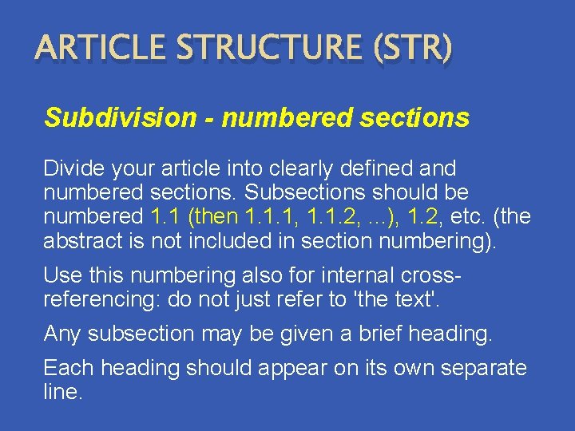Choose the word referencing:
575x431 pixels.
97,300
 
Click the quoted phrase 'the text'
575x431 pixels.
387,300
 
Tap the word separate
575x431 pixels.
477,369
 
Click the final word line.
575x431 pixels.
63,392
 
